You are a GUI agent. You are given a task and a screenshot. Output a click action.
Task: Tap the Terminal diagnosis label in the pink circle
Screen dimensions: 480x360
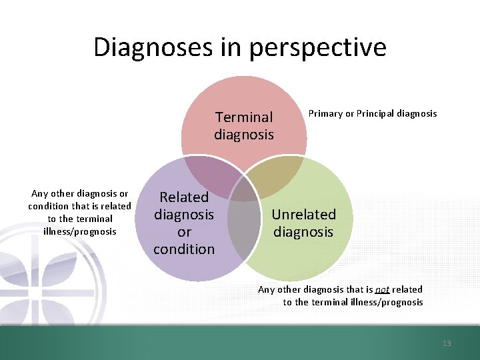244,125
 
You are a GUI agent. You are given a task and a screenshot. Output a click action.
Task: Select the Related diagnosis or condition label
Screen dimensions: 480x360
184,223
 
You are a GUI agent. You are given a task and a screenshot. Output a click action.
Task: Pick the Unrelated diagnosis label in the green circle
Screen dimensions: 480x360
303,223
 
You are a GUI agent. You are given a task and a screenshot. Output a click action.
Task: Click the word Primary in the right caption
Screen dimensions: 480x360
324,113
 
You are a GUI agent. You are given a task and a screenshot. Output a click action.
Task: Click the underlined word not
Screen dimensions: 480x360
382,289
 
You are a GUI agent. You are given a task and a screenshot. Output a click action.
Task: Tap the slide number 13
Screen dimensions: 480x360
447,343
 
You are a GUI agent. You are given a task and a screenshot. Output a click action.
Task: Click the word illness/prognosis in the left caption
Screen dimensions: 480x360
80,231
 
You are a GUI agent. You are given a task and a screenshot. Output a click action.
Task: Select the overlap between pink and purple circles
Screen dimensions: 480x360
212,175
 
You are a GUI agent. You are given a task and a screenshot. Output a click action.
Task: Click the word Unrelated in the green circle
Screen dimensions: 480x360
303,215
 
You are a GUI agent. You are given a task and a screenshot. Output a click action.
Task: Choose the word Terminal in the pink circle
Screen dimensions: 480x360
244,117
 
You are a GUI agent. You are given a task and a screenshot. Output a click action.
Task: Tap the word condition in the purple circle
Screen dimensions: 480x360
184,249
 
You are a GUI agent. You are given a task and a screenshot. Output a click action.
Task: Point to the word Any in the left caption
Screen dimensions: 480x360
40,194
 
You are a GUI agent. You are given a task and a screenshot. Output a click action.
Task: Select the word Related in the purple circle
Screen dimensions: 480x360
184,197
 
